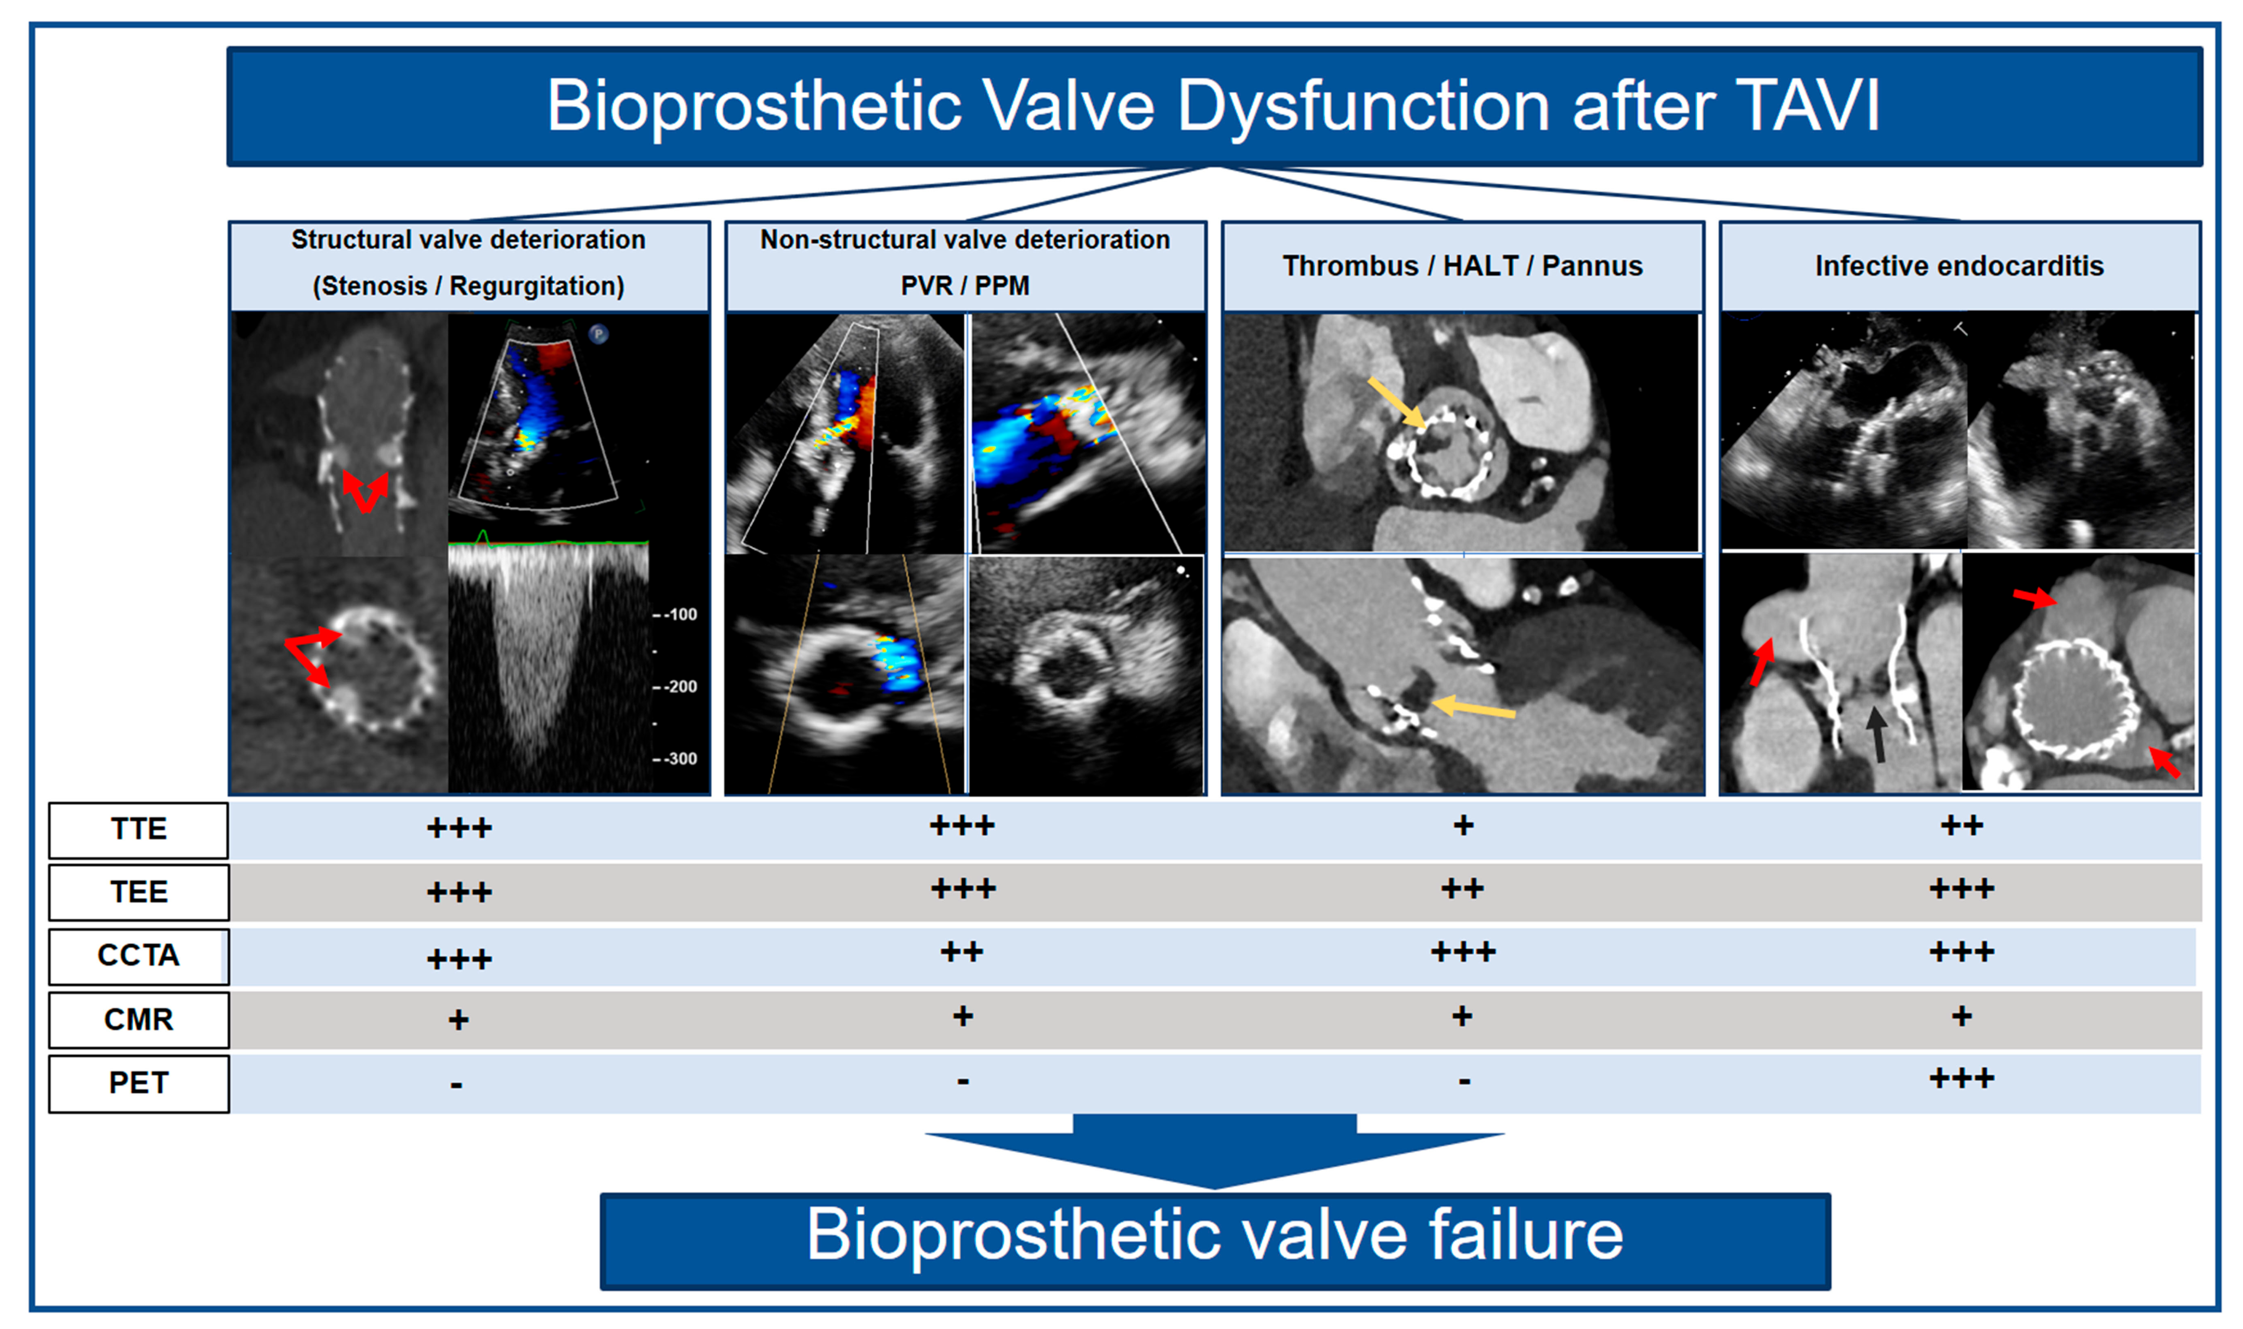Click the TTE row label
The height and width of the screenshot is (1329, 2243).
click(139, 829)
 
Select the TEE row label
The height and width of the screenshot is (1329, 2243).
click(139, 892)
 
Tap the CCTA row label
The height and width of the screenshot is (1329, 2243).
click(139, 955)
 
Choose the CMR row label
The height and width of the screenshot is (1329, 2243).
click(139, 1019)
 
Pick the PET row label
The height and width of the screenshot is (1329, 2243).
click(139, 1083)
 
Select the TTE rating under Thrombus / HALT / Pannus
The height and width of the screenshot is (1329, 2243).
click(1463, 825)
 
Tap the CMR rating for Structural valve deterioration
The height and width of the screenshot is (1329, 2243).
click(458, 1020)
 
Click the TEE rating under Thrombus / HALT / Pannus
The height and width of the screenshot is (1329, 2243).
click(1462, 888)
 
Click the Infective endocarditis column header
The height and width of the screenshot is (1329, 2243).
click(1959, 266)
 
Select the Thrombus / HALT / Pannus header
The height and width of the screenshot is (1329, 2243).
click(1462, 266)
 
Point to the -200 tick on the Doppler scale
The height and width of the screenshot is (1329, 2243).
click(676, 687)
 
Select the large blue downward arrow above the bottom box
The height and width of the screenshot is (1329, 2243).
click(1214, 1151)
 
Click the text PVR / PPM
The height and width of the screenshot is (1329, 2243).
click(964, 286)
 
